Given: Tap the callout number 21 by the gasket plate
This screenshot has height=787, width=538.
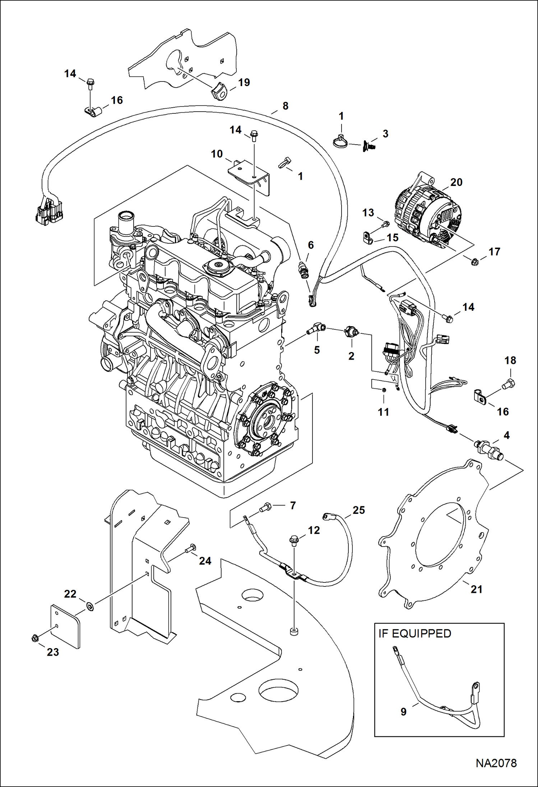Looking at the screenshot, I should pyautogui.click(x=476, y=589).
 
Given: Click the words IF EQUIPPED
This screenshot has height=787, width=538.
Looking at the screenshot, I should pyautogui.click(x=415, y=633).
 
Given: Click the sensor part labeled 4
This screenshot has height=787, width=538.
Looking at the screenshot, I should pyautogui.click(x=488, y=450).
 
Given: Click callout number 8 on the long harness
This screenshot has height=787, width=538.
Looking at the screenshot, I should pyautogui.click(x=285, y=106).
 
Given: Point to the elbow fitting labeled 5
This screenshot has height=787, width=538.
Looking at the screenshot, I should pyautogui.click(x=316, y=328).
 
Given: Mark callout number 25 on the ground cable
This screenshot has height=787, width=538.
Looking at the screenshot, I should pyautogui.click(x=358, y=510).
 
